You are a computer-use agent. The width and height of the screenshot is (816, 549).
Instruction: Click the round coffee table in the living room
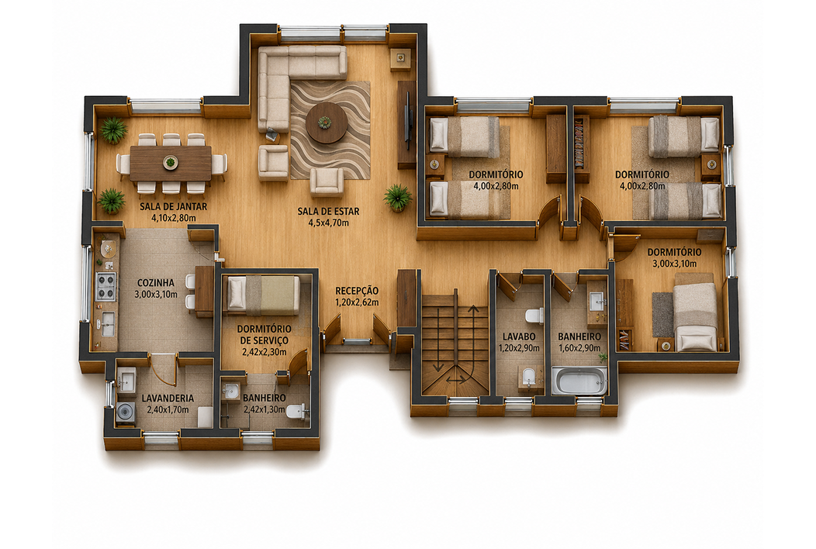327,123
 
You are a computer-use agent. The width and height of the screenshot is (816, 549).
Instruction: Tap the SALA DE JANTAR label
173,206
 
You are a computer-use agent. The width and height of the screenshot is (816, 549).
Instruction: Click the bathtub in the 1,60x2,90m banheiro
579,381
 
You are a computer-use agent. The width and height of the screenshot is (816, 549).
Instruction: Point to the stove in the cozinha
105,286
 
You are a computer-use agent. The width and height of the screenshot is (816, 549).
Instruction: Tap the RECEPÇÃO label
357,291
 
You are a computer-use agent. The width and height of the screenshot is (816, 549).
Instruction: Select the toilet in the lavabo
534,316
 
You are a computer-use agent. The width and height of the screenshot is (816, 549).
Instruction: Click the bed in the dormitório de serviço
264,295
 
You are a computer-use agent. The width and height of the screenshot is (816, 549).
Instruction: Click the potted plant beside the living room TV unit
398,198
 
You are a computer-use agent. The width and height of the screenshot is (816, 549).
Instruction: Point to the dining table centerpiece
170,162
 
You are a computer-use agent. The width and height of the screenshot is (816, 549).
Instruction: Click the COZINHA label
156,282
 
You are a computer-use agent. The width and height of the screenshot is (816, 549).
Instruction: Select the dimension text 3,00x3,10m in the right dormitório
675,264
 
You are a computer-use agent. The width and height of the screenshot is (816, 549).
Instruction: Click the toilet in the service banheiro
296,411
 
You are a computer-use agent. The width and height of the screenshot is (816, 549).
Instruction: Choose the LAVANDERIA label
168,398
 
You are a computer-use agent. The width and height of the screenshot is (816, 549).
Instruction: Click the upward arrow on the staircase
473,337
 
